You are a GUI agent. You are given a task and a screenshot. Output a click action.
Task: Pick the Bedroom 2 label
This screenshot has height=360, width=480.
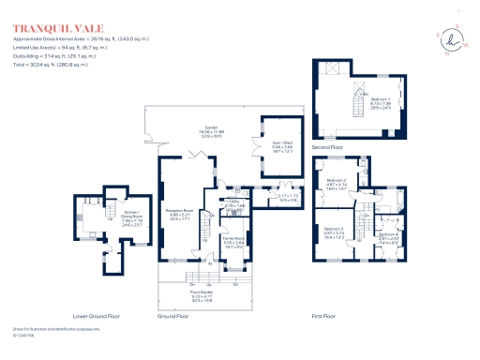tap(337, 183)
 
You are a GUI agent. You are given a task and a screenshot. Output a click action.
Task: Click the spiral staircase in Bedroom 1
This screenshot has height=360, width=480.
tap(357, 97)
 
